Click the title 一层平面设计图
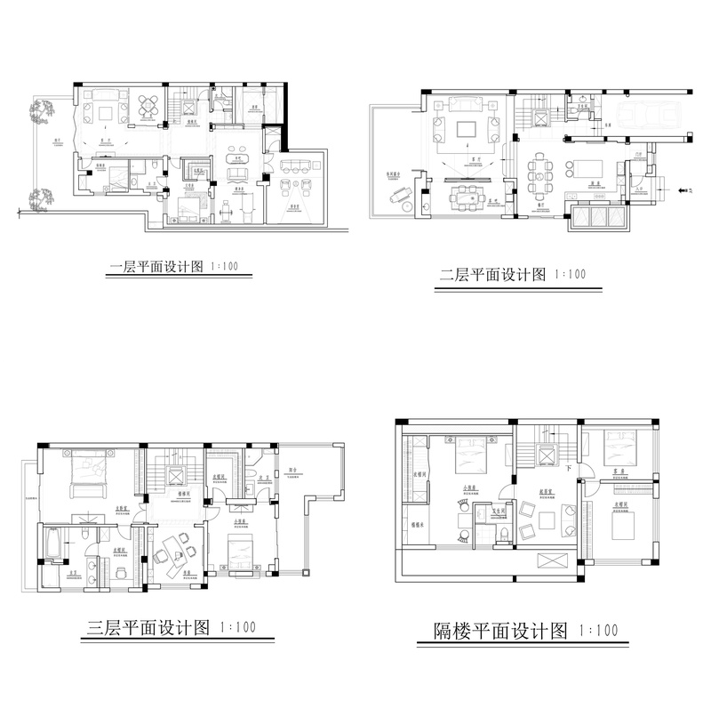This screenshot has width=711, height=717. (156, 266)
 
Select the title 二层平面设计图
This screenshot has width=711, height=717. (492, 275)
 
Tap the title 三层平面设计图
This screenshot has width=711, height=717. (150, 628)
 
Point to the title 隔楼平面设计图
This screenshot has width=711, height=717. (490, 632)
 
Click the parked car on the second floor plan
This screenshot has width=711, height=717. (644, 113)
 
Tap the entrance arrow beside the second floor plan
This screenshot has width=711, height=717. (683, 189)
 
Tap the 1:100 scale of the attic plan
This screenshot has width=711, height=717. (598, 632)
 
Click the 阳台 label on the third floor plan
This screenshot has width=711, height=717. (292, 470)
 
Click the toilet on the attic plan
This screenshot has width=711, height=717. (503, 532)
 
